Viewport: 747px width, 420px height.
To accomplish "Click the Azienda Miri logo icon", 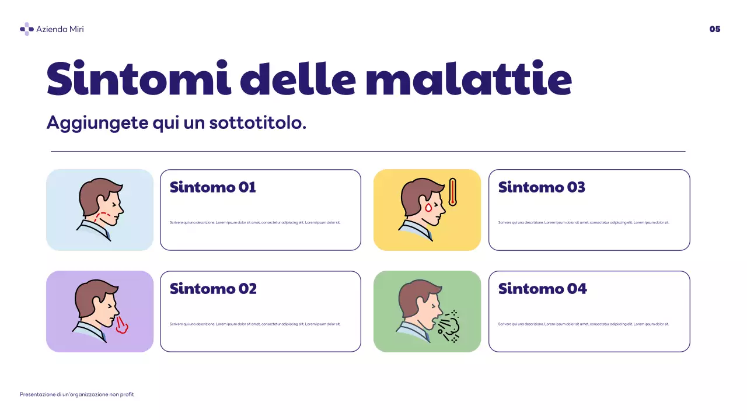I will click(x=26, y=29).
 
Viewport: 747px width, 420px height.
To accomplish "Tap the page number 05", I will click(x=715, y=29).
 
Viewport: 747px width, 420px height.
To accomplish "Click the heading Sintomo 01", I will click(x=212, y=187).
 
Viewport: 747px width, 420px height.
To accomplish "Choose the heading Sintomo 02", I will click(x=213, y=289).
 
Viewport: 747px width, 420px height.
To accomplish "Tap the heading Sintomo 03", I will click(x=541, y=187).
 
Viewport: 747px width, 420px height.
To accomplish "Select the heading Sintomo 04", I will click(x=542, y=289).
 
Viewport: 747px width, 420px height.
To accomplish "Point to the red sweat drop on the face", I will click(x=428, y=208).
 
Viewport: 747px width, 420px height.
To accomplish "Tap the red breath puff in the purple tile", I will click(x=121, y=325).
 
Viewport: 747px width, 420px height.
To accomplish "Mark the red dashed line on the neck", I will click(x=104, y=216).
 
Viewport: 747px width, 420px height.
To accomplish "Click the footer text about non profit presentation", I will click(x=77, y=394).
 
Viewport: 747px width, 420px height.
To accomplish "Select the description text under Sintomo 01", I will click(x=255, y=222).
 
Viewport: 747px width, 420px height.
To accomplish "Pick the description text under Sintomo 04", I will click(x=584, y=324).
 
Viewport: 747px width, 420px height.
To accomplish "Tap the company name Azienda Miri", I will click(x=60, y=29).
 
